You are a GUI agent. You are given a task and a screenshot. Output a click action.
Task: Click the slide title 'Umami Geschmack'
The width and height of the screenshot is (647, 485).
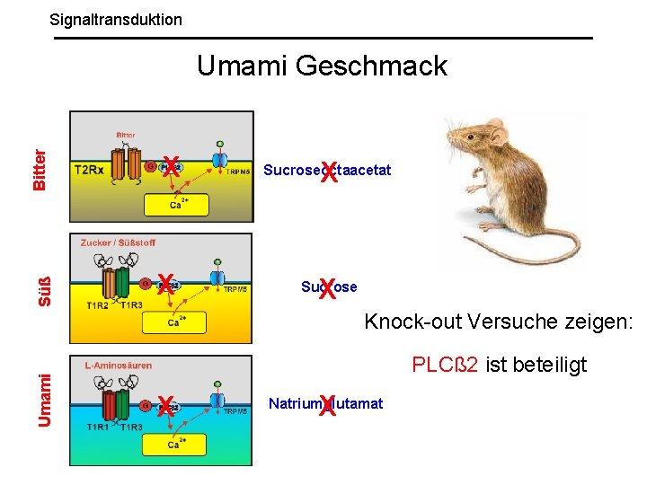tap(322, 66)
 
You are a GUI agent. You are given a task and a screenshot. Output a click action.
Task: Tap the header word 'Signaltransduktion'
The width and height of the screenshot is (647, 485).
tap(116, 19)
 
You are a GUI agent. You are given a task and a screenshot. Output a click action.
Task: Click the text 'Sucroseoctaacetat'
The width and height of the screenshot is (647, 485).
tap(327, 171)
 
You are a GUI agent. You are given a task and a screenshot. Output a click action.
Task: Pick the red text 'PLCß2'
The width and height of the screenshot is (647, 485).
tap(446, 365)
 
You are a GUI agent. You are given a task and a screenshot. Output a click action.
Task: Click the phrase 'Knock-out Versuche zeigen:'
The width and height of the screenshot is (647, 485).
tap(499, 322)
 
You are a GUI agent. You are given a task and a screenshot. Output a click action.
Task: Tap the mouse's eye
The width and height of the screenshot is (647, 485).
tap(484, 136)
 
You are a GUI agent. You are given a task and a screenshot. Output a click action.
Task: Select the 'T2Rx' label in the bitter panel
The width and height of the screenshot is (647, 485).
tap(91, 168)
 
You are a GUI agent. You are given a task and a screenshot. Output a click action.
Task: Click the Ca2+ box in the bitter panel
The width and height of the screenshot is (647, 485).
tap(176, 204)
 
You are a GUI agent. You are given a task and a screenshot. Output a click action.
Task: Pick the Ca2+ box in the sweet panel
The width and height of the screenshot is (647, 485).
tap(176, 322)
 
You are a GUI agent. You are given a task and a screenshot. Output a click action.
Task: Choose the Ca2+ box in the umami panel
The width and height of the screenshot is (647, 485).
tap(176, 444)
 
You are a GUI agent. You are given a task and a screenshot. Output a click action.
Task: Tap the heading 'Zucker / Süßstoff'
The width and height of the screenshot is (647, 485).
tap(119, 242)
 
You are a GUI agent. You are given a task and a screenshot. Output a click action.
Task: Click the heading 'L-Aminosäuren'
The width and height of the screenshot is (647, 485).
tap(118, 366)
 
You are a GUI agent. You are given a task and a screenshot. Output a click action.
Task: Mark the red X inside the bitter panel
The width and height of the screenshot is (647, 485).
tap(170, 166)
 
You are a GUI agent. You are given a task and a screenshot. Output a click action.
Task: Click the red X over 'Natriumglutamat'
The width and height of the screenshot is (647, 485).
tap(327, 406)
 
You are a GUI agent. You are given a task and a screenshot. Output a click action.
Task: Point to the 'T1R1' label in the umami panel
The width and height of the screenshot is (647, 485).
tap(98, 428)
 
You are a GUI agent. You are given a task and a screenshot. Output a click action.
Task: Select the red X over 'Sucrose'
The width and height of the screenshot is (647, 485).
tap(327, 288)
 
